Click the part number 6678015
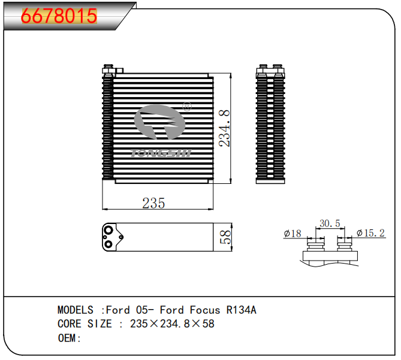coord(59,16)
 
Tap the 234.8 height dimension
coord(224,128)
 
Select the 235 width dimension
coord(153,203)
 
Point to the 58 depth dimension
coord(225,237)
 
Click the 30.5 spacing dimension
coord(330,223)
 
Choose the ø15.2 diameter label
coord(370,233)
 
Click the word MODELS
coord(75,310)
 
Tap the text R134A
coord(241,310)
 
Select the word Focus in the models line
coord(205,310)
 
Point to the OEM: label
coord(69,338)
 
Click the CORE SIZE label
coord(85,324)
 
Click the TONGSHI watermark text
coord(161,153)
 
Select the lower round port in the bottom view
coord(108,243)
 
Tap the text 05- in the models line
coord(142,310)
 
